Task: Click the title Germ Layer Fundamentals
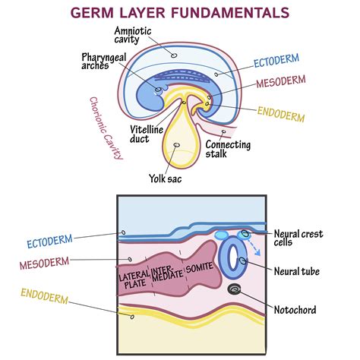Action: [179, 12]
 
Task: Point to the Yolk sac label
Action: [164, 180]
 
